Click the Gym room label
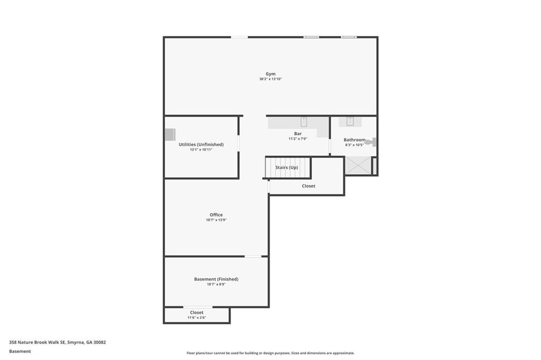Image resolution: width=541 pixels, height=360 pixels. point(270,74)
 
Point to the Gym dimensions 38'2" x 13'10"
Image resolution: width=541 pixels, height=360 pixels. point(270,79)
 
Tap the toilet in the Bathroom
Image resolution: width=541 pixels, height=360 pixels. point(371,141)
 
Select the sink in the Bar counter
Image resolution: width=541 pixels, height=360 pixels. point(304,122)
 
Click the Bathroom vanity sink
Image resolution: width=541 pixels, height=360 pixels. point(350,121)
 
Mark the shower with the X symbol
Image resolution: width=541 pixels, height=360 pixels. point(358,166)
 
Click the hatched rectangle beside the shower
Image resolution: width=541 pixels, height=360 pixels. point(375,166)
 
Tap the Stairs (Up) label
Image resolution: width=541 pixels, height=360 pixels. point(286,167)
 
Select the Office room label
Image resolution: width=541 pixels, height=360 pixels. point(216,215)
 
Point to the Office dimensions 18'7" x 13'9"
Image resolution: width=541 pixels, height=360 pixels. point(216,220)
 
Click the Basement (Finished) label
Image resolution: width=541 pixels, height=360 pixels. point(216,279)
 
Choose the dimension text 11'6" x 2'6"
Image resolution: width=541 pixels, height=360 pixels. point(197,318)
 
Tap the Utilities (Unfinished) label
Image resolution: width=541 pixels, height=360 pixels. point(201,144)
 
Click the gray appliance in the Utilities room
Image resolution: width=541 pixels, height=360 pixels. point(170,135)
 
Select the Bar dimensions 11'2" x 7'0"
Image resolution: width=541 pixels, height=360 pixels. point(298,139)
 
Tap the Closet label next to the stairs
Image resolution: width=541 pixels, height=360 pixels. point(309,186)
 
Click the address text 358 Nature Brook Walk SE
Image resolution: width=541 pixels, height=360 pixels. point(57,342)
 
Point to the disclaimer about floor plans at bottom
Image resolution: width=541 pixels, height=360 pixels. point(270,353)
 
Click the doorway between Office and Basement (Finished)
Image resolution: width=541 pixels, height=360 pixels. point(253,257)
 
